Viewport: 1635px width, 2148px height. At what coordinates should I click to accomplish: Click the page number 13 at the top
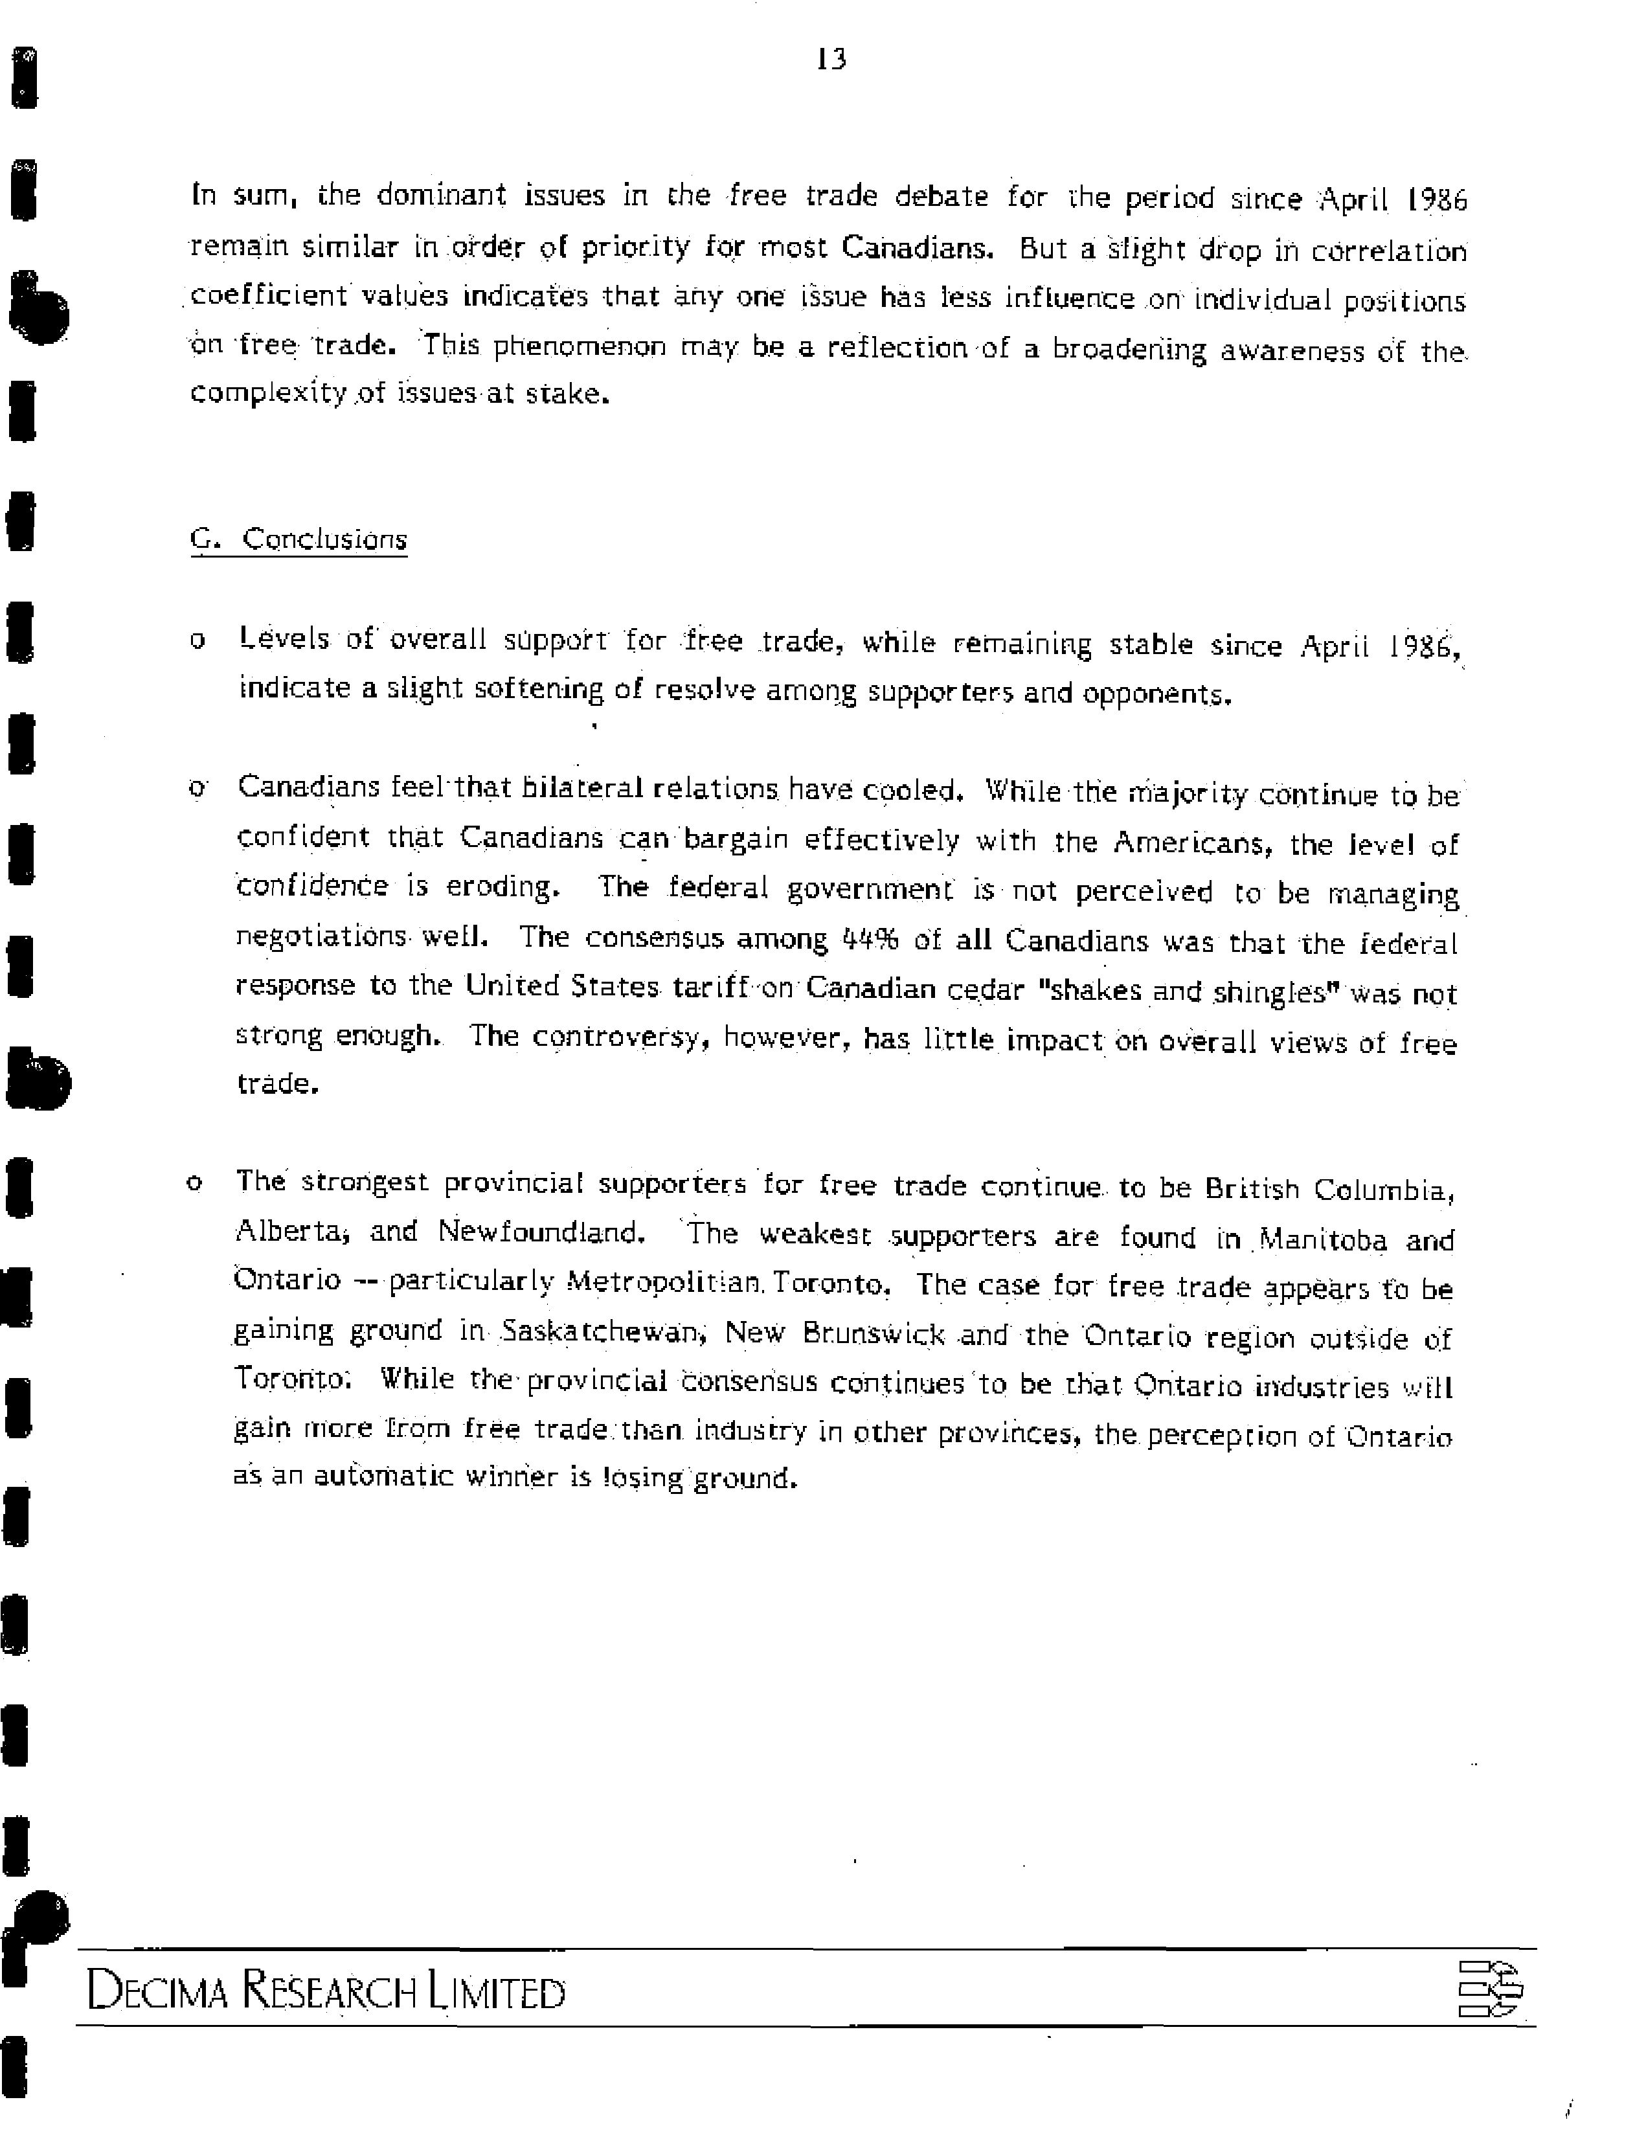[x=831, y=60]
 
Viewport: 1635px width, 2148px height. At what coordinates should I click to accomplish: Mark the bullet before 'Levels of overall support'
[x=197, y=641]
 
